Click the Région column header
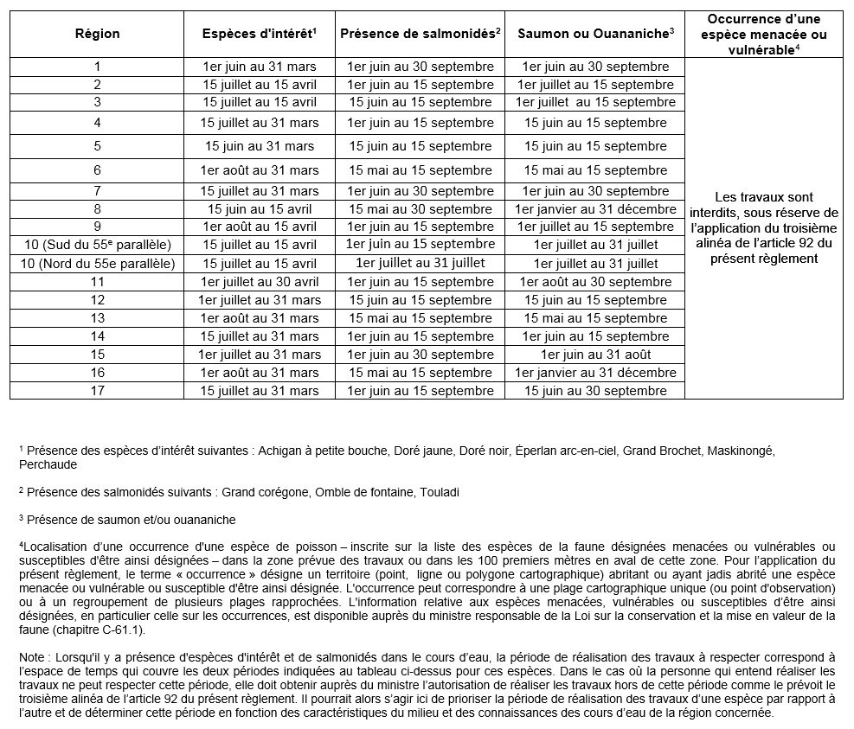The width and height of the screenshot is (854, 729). (x=97, y=35)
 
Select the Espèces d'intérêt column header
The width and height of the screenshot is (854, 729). (x=259, y=35)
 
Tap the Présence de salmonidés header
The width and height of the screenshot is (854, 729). (x=421, y=35)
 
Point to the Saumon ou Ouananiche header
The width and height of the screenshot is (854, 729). (x=595, y=35)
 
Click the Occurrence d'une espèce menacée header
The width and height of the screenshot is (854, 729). (x=762, y=35)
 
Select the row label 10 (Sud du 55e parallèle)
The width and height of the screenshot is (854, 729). (x=97, y=245)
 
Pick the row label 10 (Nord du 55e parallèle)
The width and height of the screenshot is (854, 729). (x=97, y=264)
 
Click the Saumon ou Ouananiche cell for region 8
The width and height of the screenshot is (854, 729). (x=595, y=209)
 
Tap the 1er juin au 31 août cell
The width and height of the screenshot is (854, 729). (x=595, y=355)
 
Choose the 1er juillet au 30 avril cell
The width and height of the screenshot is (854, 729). (x=260, y=282)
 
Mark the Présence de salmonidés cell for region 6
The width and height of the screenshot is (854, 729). (x=421, y=170)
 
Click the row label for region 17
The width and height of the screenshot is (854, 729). (x=97, y=391)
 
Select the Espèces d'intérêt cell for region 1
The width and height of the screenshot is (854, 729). (x=260, y=67)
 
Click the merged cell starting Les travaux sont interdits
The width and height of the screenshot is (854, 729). (x=763, y=227)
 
